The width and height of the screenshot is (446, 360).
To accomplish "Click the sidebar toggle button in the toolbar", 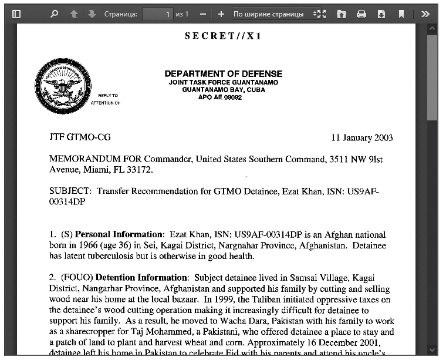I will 16,14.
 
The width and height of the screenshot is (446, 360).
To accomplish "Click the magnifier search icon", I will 54,14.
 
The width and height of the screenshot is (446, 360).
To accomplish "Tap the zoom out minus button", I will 203,14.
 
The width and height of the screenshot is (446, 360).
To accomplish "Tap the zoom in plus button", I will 221,14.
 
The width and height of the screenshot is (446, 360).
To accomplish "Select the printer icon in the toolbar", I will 361,14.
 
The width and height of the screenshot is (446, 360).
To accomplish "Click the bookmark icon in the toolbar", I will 401,14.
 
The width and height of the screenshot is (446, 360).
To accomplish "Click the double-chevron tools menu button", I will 425,14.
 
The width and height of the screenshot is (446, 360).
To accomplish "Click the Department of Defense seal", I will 63,86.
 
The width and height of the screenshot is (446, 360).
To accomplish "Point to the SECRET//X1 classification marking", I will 223,36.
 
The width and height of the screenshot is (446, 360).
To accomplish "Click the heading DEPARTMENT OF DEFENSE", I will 223,74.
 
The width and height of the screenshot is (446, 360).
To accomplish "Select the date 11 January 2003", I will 361,138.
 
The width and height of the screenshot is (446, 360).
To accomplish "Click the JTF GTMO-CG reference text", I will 80,137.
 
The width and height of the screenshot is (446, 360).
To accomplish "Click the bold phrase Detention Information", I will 141,278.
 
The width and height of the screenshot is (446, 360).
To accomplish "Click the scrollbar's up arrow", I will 433,29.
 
